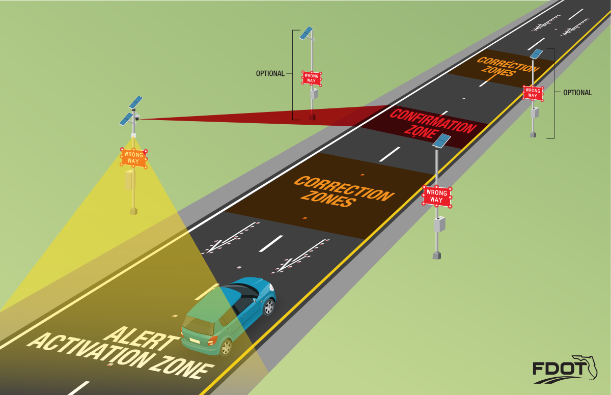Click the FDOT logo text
[x=558, y=369]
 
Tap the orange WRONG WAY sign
[x=133, y=158]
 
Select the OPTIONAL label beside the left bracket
[x=270, y=73]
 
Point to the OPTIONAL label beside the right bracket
[x=577, y=93]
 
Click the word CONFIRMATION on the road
[x=433, y=121]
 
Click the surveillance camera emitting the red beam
[x=136, y=118]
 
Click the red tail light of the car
[x=212, y=340]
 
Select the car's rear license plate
[x=195, y=341]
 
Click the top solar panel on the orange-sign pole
[x=136, y=102]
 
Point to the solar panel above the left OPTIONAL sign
[x=306, y=33]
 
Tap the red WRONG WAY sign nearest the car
[x=437, y=196]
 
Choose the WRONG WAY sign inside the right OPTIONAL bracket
[x=533, y=93]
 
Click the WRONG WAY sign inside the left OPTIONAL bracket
[x=312, y=78]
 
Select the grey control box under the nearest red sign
[x=439, y=224]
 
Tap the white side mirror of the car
[x=255, y=300]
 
